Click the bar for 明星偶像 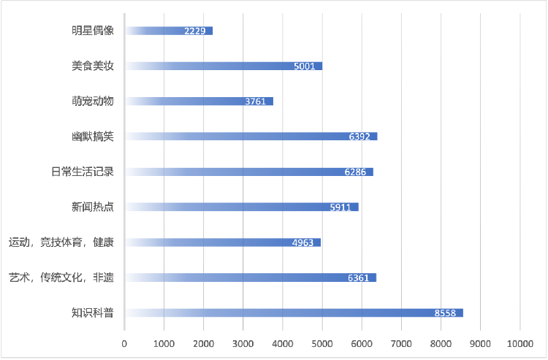[169, 31]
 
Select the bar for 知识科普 [294, 313]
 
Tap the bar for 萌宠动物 [199, 101]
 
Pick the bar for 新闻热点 [241, 207]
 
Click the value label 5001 [304, 66]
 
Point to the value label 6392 [359, 137]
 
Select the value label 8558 [445, 313]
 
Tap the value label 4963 [302, 242]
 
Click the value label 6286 [355, 172]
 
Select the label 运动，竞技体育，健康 [61, 242]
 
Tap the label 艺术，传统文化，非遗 [61, 277]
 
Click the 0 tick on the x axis [124, 342]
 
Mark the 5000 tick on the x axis [321, 342]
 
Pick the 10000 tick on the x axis [520, 342]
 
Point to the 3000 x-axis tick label [243, 342]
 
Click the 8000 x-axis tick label [441, 342]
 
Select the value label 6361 [358, 278]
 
